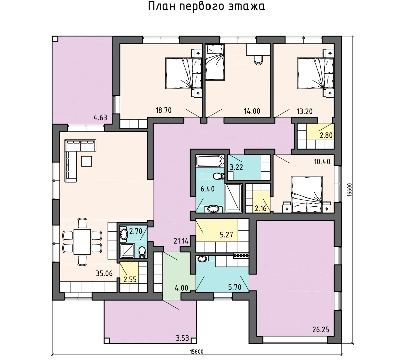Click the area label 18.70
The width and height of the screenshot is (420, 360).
coord(164,110)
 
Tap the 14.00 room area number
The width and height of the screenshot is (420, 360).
coord(252,111)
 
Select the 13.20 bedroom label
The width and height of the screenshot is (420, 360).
coord(305,111)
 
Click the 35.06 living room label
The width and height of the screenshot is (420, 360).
coord(104,274)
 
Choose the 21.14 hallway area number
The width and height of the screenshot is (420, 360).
coord(181,241)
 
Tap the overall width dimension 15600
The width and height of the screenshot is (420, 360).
coord(197,351)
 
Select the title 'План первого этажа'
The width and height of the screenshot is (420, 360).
coord(206,6)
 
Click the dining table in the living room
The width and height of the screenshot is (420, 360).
coord(82,242)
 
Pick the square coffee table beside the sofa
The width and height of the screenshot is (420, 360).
coord(86,161)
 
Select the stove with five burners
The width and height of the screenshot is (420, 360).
coord(241,256)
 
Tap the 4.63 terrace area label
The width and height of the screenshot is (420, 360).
coord(100,118)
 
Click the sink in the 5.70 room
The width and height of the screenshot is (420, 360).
coord(202,259)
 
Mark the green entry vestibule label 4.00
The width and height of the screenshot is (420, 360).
coord(181,288)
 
